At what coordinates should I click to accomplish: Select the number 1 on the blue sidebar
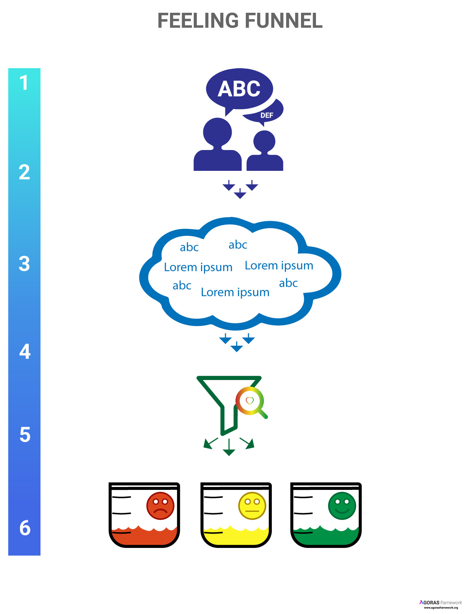24,82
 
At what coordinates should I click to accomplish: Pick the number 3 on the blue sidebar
24,264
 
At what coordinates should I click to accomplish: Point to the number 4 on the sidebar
25,352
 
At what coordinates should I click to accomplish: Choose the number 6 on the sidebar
25,528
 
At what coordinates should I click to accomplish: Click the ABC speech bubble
239,89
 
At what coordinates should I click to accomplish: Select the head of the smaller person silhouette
264,142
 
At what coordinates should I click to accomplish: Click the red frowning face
160,506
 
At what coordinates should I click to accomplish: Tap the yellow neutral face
252,506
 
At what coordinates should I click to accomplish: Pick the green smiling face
342,506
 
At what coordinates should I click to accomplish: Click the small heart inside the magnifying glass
250,400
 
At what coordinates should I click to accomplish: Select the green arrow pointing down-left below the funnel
210,443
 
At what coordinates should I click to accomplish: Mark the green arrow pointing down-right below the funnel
247,443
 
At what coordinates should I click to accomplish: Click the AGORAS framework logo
440,604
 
